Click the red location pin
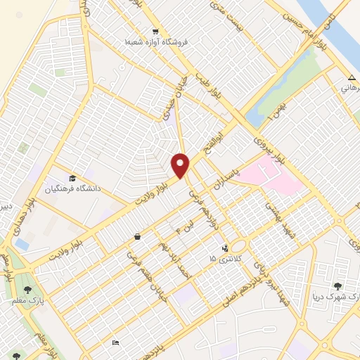[181, 165]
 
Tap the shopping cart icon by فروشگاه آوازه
[155, 32]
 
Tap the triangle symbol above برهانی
[352, 77]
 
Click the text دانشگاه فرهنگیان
[73, 188]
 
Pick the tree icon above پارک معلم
[28, 289]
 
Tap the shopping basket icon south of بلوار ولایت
[137, 237]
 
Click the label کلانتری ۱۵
[222, 259]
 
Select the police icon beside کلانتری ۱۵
[225, 247]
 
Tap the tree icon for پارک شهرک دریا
[338, 286]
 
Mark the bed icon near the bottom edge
[115, 342]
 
